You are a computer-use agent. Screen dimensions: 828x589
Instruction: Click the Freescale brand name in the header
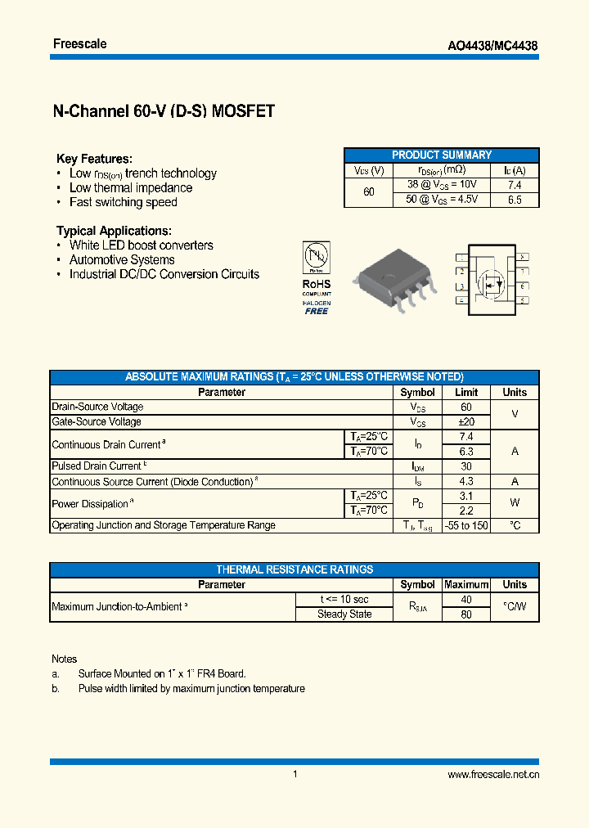(x=79, y=43)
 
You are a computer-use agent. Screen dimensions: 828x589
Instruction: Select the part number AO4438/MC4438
(x=495, y=47)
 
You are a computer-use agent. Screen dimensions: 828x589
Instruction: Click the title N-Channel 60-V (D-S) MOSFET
(x=163, y=112)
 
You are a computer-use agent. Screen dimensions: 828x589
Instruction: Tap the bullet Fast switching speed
(x=123, y=202)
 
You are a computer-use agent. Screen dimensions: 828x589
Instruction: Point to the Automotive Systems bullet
(x=122, y=259)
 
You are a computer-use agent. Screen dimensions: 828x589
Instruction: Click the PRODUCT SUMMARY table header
(x=441, y=155)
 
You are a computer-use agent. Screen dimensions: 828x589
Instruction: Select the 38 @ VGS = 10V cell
(x=442, y=185)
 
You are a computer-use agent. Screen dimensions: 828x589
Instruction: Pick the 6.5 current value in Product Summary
(x=515, y=200)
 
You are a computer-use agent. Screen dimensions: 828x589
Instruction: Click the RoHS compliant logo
(x=317, y=277)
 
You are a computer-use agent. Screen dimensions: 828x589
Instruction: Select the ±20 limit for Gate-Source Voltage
(x=465, y=421)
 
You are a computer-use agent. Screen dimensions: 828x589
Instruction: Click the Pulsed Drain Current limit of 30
(x=465, y=466)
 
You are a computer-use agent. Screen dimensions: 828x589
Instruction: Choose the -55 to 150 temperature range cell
(x=465, y=525)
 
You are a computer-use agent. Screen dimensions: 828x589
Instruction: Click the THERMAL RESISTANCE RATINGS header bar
(x=294, y=569)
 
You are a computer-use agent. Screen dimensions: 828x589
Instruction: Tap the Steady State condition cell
(x=344, y=614)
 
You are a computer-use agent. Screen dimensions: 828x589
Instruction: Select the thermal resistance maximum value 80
(x=465, y=614)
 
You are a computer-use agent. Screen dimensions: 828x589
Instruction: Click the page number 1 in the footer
(x=294, y=774)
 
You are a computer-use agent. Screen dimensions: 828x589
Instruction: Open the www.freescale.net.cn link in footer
(x=493, y=775)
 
